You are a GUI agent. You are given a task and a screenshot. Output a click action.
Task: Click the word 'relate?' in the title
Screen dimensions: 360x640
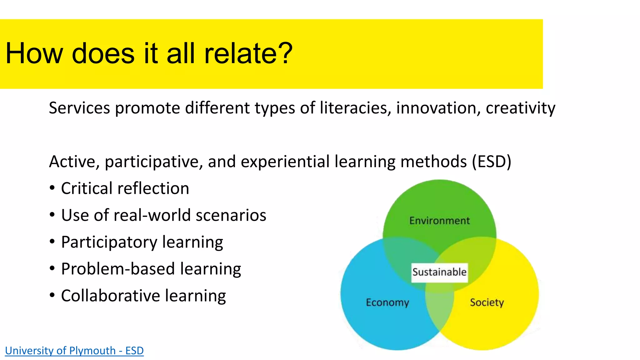pos(248,53)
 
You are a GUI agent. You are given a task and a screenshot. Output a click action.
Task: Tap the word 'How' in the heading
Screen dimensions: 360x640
pos(34,53)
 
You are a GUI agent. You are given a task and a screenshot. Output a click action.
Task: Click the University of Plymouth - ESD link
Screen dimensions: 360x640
pos(74,351)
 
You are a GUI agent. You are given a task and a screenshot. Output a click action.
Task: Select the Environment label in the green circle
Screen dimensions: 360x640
pos(439,221)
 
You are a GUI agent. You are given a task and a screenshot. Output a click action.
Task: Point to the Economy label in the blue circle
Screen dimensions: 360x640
pos(387,302)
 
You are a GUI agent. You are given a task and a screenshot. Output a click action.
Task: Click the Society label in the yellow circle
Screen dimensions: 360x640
pos(487,302)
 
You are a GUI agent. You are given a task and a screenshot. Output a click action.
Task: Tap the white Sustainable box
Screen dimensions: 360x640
pos(439,272)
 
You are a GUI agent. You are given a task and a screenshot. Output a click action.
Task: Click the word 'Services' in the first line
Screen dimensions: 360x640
pos(79,108)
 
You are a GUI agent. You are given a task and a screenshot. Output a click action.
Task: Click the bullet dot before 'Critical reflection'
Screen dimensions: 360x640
pos(52,188)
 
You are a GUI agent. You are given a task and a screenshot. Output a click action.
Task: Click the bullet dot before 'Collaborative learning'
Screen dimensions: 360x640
pos(52,295)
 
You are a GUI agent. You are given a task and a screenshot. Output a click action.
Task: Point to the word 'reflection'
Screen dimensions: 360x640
pos(153,188)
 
